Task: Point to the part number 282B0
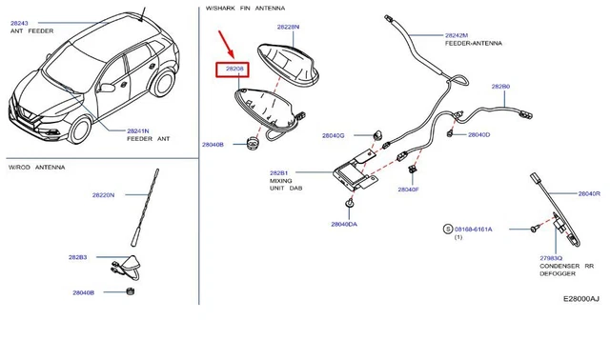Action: click(x=500, y=87)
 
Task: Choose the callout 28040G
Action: click(x=333, y=136)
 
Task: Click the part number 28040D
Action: click(x=478, y=135)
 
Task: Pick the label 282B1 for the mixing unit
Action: click(x=278, y=173)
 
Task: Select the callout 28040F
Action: click(x=408, y=190)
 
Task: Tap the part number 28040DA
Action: click(x=344, y=224)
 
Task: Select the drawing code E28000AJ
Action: click(x=580, y=299)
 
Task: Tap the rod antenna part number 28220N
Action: click(x=103, y=195)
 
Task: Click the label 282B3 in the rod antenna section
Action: click(x=77, y=257)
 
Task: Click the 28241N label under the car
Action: click(x=140, y=130)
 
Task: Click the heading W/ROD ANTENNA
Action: click(x=37, y=167)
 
